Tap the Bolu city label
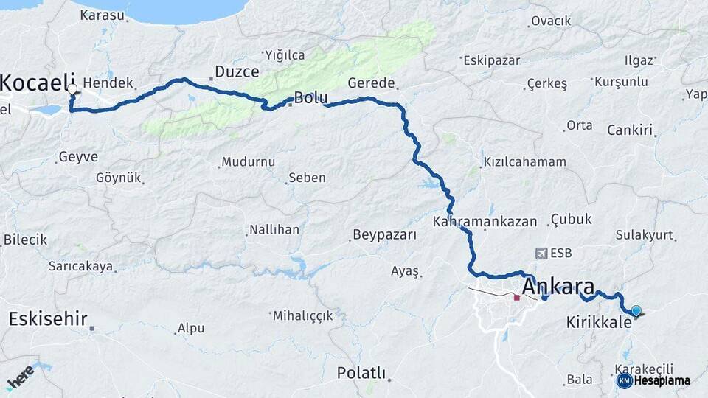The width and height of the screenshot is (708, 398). click(310, 97)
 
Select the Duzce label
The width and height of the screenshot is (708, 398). click(237, 71)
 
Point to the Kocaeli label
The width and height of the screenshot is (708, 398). click(29, 83)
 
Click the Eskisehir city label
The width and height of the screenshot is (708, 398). click(48, 319)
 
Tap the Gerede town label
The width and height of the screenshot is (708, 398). click(372, 83)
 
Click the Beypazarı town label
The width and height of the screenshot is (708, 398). click(384, 235)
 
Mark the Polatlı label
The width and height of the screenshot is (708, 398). click(361, 373)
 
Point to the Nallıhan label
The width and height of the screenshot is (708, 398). click(274, 230)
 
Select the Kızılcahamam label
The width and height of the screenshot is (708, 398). click(524, 161)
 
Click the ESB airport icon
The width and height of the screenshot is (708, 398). click(544, 254)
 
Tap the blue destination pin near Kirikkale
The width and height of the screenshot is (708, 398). click(636, 311)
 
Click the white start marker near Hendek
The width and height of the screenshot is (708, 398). click(72, 89)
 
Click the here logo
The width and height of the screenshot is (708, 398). click(20, 377)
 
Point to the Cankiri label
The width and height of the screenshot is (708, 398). click(631, 130)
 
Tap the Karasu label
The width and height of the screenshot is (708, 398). click(103, 15)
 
